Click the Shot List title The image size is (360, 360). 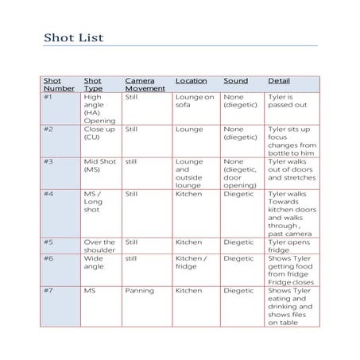tap(73, 37)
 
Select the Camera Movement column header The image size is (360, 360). tap(145, 85)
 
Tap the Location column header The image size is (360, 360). tap(191, 81)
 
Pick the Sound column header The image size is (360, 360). tap(235, 81)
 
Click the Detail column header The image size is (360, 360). tap(279, 81)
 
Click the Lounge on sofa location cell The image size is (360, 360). tap(195, 102)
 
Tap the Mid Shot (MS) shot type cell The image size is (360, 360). tap(100, 165)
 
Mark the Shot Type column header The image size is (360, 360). tap(94, 85)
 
